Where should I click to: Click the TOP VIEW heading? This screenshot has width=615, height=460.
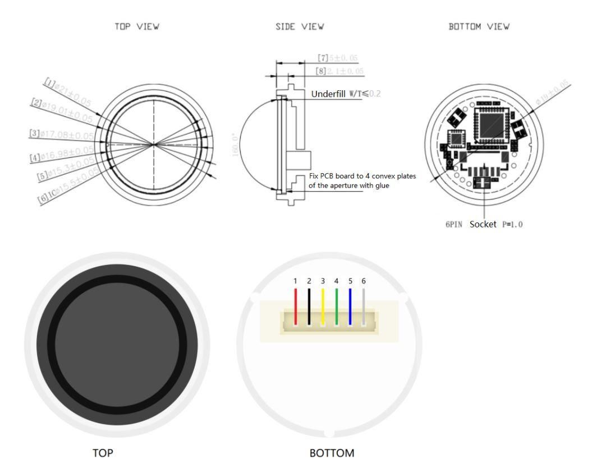click(x=137, y=27)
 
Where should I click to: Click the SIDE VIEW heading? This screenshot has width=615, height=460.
click(x=300, y=27)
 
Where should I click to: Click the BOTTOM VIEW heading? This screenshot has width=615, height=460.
click(x=479, y=27)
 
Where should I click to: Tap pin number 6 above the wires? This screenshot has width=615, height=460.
click(x=364, y=281)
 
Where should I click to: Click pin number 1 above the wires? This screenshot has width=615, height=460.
click(x=295, y=281)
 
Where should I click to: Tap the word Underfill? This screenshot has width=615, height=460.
click(x=328, y=94)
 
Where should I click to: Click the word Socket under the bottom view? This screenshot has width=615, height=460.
click(x=483, y=224)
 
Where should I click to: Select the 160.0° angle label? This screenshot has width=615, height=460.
click(x=236, y=145)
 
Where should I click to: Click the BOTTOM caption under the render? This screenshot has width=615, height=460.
click(x=332, y=452)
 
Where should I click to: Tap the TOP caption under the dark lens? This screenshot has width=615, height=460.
click(x=103, y=452)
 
